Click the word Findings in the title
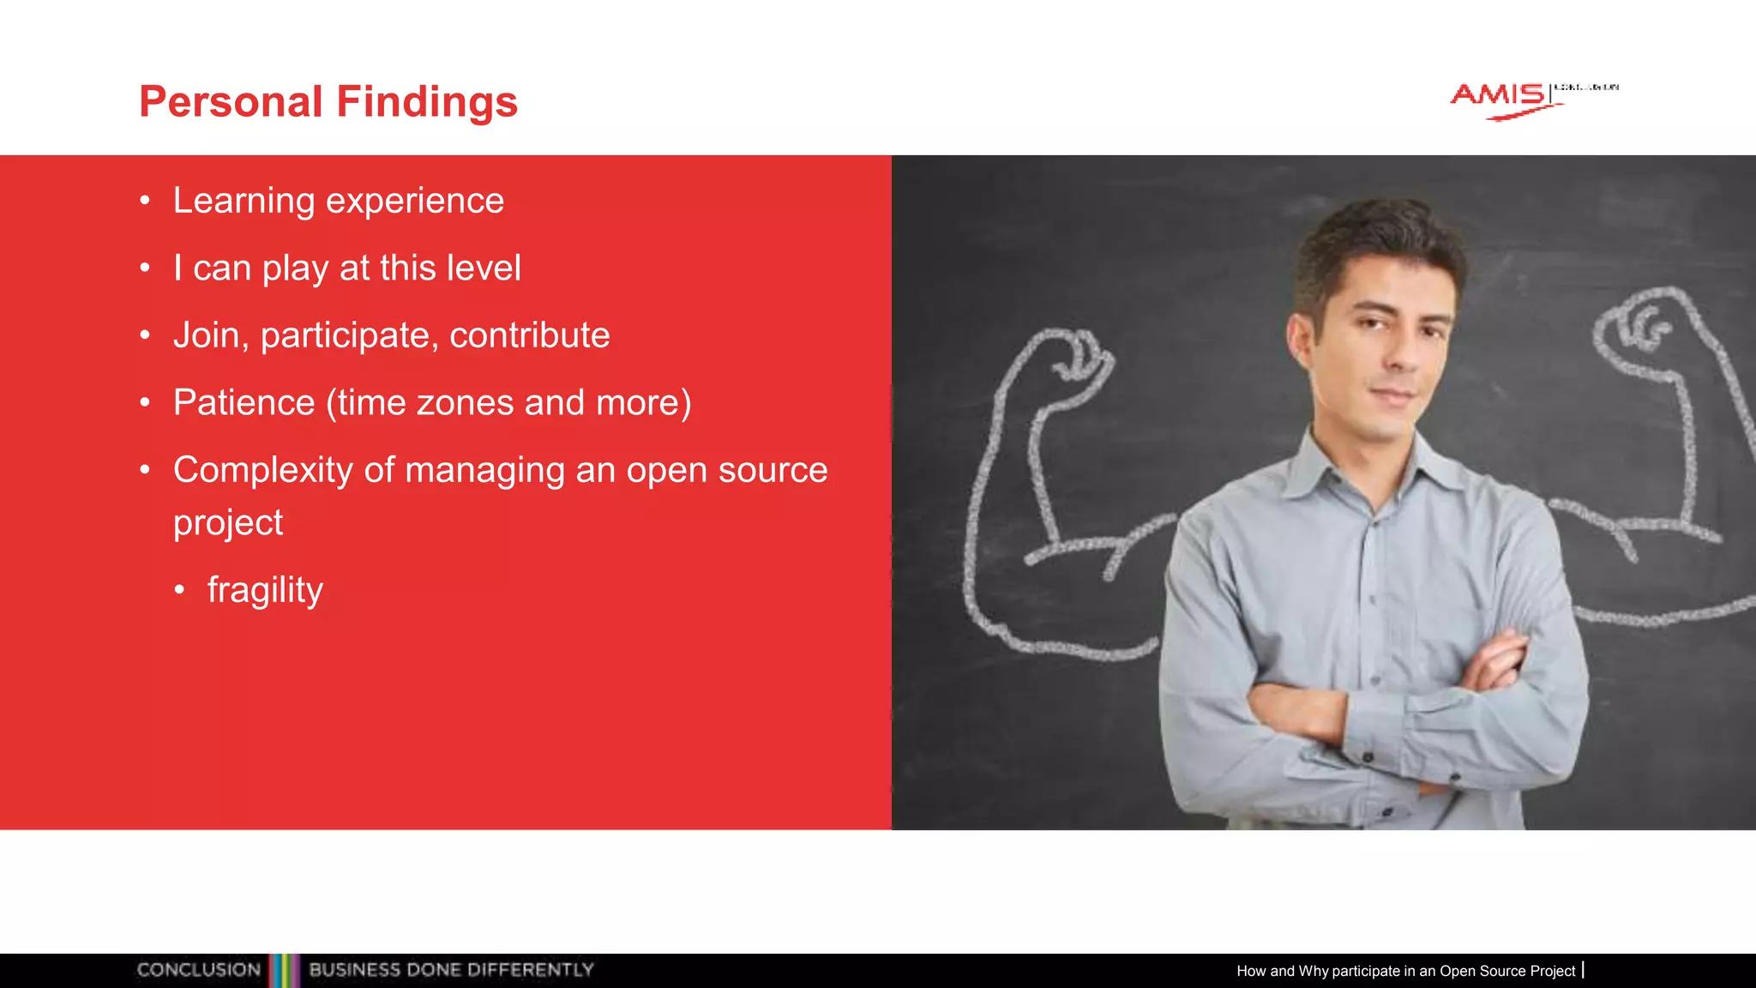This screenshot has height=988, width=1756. [x=427, y=102]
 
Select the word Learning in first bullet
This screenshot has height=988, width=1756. [x=244, y=202]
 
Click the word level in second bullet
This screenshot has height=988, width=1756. [x=484, y=268]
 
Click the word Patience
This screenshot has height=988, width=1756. [x=244, y=402]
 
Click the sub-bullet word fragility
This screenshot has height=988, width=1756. [x=265, y=590]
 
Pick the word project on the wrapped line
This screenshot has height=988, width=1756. [x=227, y=523]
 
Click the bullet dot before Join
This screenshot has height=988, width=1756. [x=145, y=335]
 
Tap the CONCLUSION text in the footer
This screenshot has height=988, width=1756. [x=198, y=970]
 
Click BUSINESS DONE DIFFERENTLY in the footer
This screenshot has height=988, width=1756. [x=451, y=970]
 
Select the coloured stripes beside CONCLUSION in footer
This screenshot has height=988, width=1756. [x=285, y=970]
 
